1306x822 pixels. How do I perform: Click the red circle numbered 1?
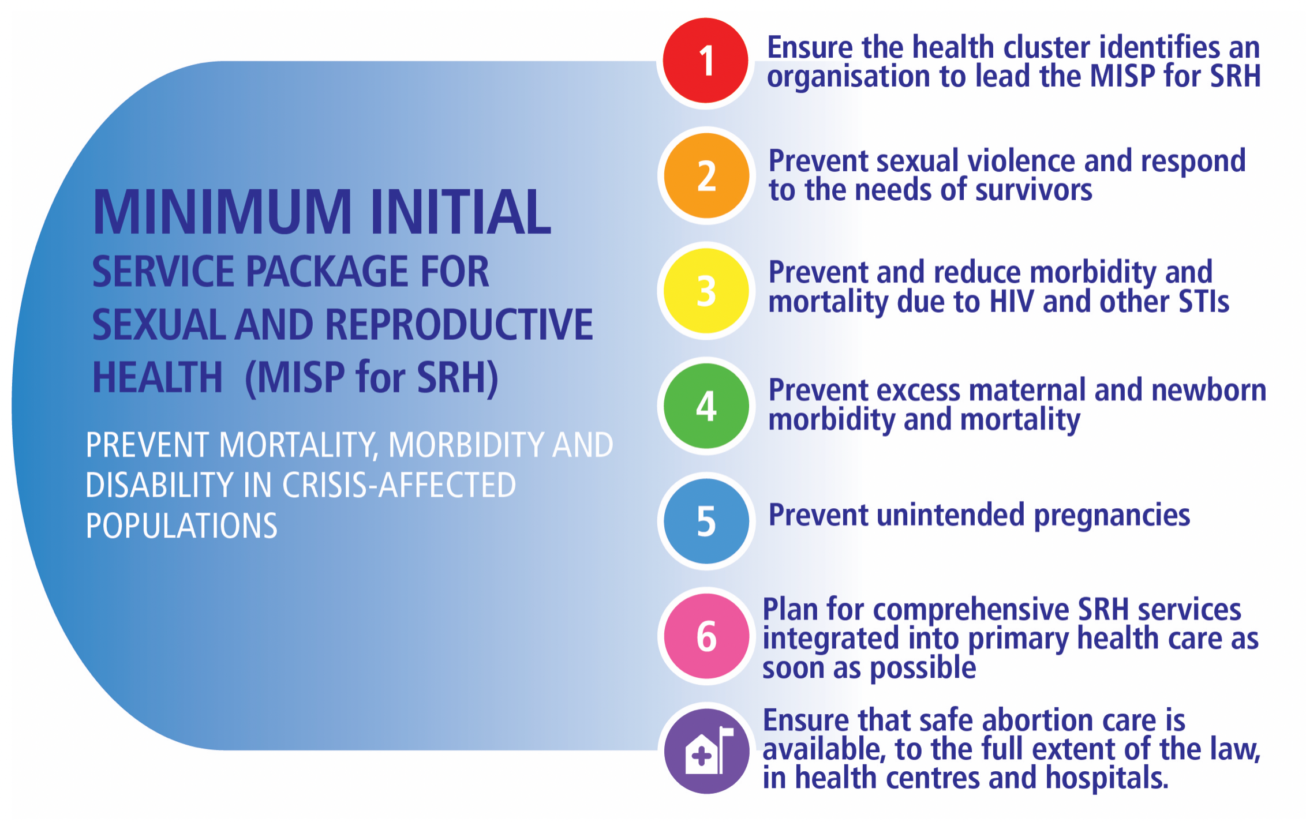click(705, 61)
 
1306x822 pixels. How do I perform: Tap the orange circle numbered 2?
click(706, 175)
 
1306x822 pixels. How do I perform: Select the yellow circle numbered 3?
click(706, 290)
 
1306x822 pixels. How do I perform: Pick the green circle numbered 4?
click(706, 406)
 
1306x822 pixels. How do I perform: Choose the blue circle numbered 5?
click(706, 521)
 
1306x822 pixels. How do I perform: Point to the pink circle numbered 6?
click(706, 636)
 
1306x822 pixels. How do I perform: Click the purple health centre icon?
click(706, 751)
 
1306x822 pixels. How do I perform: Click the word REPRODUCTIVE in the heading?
click(459, 324)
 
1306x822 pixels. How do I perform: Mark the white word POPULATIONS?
click(182, 526)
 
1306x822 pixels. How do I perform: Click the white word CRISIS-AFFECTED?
click(399, 485)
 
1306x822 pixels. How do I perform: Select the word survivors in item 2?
click(1034, 189)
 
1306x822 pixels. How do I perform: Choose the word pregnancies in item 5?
click(1112, 515)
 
